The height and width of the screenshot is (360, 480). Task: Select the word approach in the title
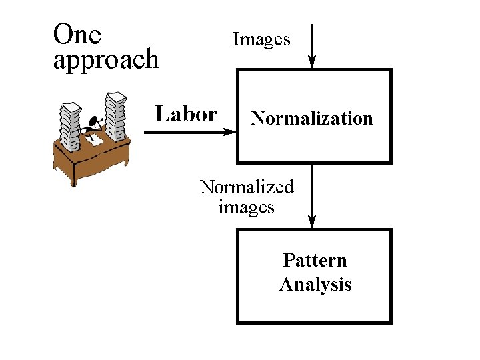[105, 60]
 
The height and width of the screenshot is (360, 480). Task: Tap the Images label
[261, 39]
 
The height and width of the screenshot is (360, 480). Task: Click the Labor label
[186, 114]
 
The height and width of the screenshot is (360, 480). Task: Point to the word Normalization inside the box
[311, 119]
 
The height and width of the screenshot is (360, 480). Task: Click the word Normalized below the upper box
[247, 187]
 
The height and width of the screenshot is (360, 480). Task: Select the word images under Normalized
[246, 207]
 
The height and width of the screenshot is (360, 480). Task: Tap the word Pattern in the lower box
[315, 260]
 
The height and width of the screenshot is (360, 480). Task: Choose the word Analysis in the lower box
[315, 285]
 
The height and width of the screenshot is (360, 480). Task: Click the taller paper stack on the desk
[115, 117]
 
